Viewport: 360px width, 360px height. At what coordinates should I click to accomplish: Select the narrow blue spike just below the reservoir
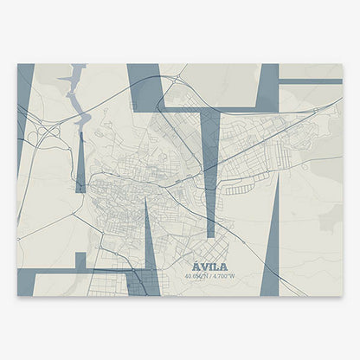point(80,164)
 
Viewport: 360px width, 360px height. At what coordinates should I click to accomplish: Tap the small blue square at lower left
point(80,260)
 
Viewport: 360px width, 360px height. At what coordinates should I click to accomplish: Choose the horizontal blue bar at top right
point(310,81)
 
